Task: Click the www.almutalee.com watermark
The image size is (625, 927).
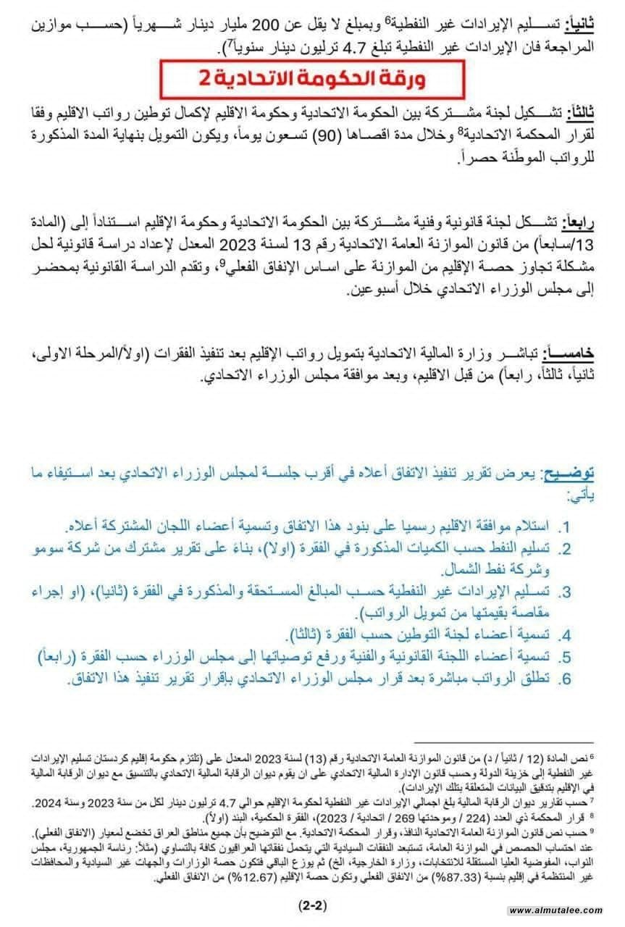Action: click(556, 910)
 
